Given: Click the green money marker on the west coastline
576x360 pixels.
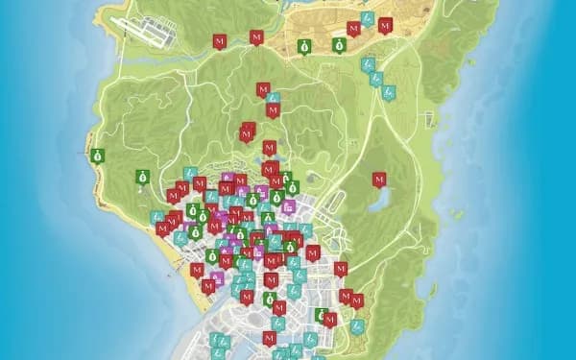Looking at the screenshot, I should (97, 155).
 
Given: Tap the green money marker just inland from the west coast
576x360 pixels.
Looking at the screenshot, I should (141, 176).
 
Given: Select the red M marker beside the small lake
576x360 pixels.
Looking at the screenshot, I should (379, 180).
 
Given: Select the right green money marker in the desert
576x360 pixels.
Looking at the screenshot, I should (339, 44).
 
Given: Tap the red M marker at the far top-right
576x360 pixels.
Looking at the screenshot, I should (385, 26).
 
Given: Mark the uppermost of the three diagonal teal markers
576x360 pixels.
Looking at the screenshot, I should (366, 65).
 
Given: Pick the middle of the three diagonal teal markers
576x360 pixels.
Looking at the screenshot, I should (376, 80).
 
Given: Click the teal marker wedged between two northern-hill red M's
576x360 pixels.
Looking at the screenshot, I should (273, 98).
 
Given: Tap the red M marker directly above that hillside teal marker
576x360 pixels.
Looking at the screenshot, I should (263, 89).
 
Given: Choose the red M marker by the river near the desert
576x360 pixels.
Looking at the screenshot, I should (256, 37).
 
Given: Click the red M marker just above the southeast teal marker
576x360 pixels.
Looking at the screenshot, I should (357, 301).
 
